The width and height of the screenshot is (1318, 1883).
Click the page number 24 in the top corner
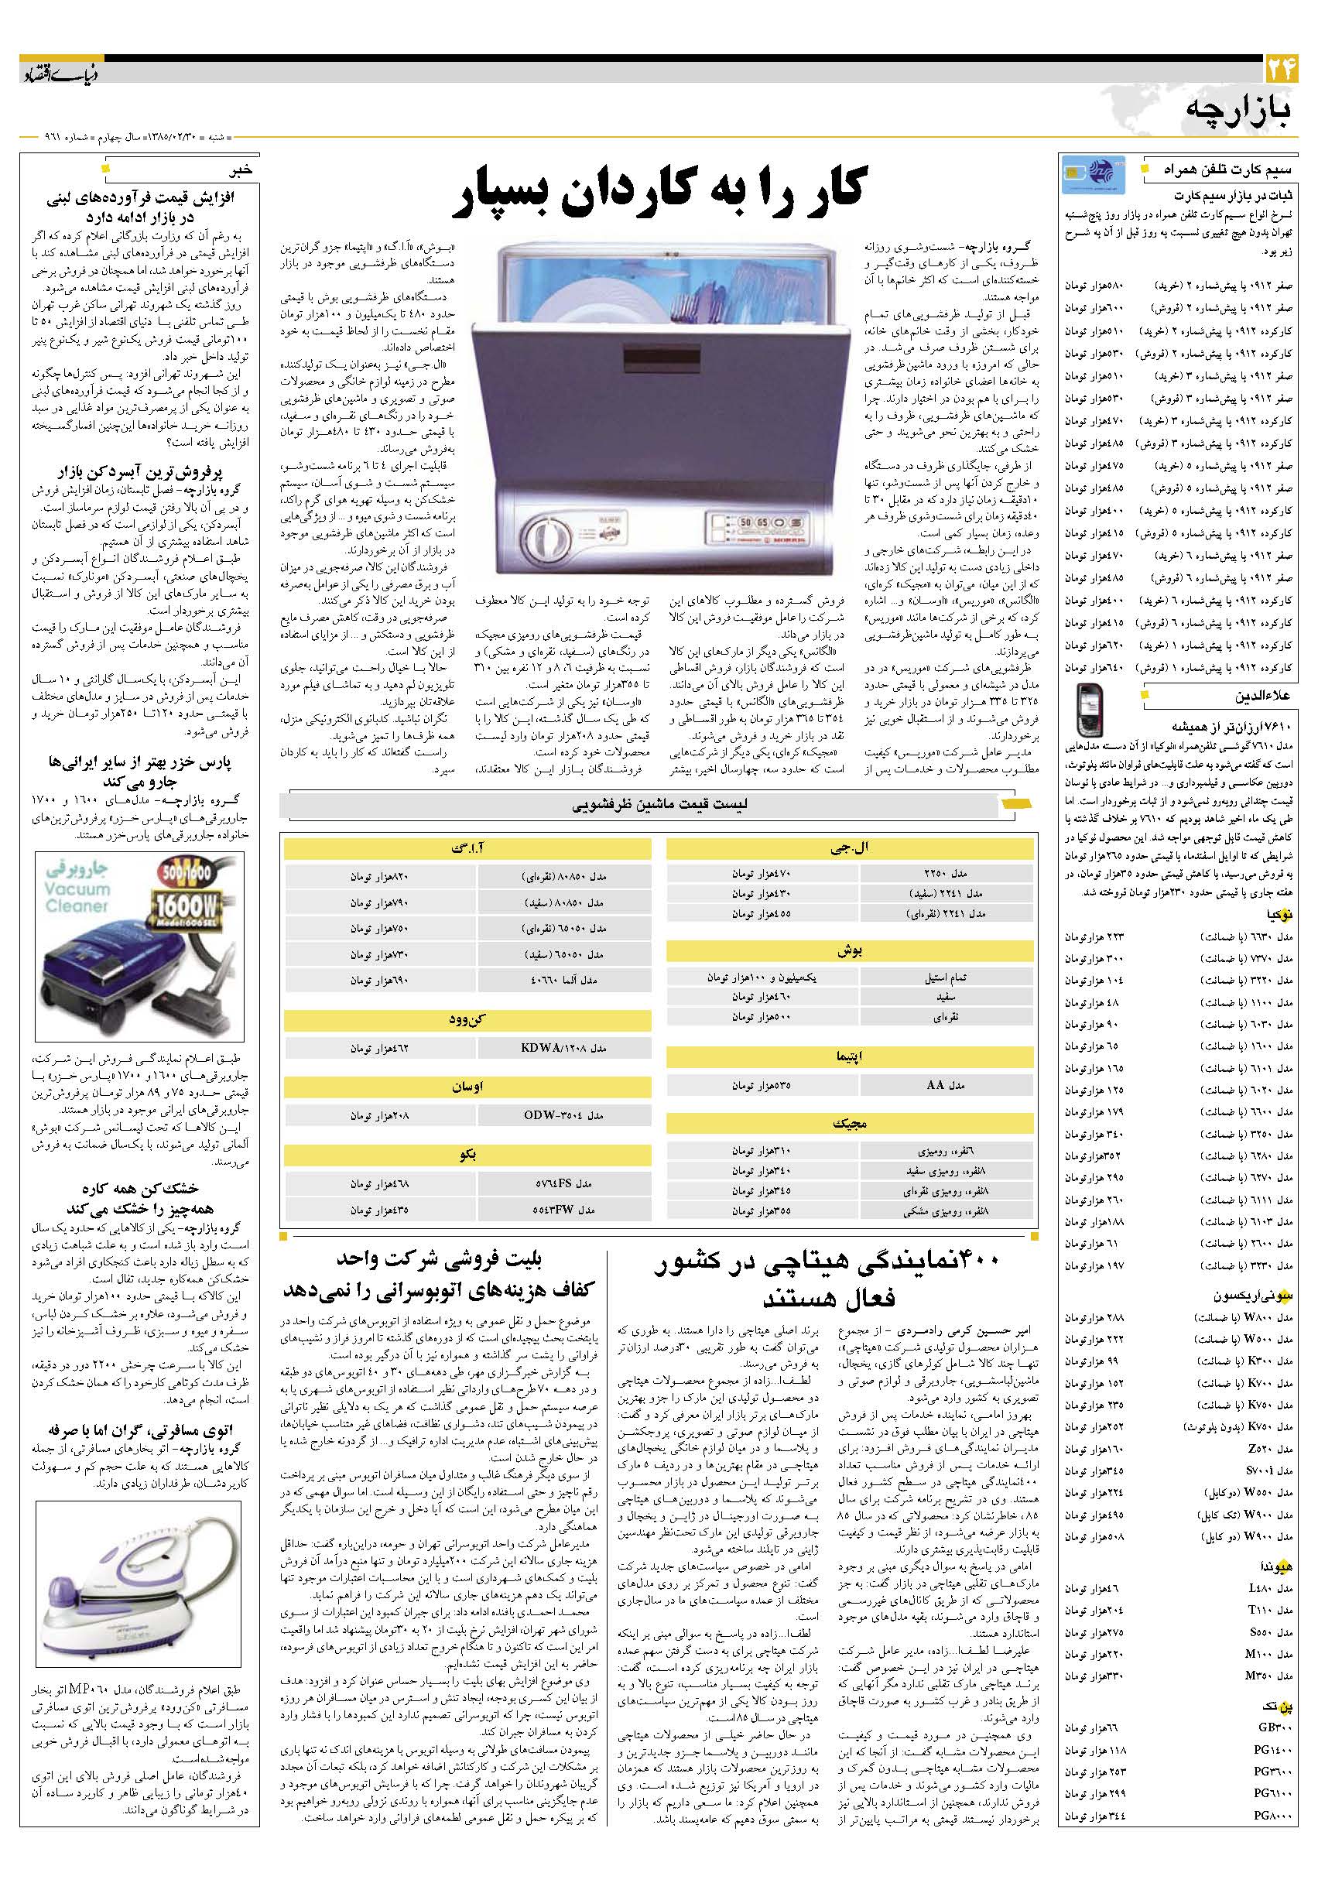point(1280,68)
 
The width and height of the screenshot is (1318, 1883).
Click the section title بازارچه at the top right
point(1238,112)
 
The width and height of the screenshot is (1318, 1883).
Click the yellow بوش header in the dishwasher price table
point(850,951)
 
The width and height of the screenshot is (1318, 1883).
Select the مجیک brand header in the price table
point(850,1123)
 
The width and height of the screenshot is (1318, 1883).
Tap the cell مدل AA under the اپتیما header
point(947,1085)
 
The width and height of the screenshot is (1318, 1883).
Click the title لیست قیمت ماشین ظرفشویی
point(659,806)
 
